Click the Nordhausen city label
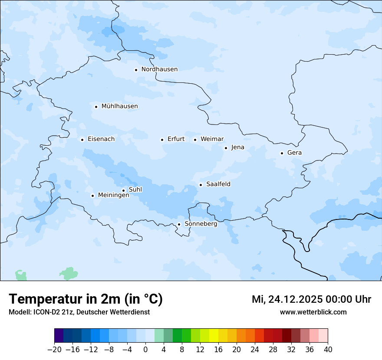click(x=159, y=69)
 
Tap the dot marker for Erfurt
click(x=162, y=140)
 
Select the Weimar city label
click(x=212, y=139)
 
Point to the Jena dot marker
click(x=226, y=148)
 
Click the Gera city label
click(x=294, y=153)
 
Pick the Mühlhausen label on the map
click(x=119, y=106)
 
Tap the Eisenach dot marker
click(x=82, y=140)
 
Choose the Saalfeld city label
click(x=218, y=184)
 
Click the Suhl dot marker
click(x=123, y=190)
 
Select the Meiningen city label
click(x=113, y=195)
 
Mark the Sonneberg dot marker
click(x=179, y=225)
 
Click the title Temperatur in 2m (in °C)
click(x=86, y=299)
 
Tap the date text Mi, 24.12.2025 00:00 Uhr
click(x=311, y=299)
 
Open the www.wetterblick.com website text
click(x=313, y=312)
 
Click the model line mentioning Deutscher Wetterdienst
click(x=79, y=312)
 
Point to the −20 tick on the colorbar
click(x=54, y=350)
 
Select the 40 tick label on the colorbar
click(x=328, y=350)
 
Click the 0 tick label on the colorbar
click(x=145, y=350)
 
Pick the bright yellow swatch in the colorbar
click(x=214, y=336)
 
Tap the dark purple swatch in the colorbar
click(x=59, y=336)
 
